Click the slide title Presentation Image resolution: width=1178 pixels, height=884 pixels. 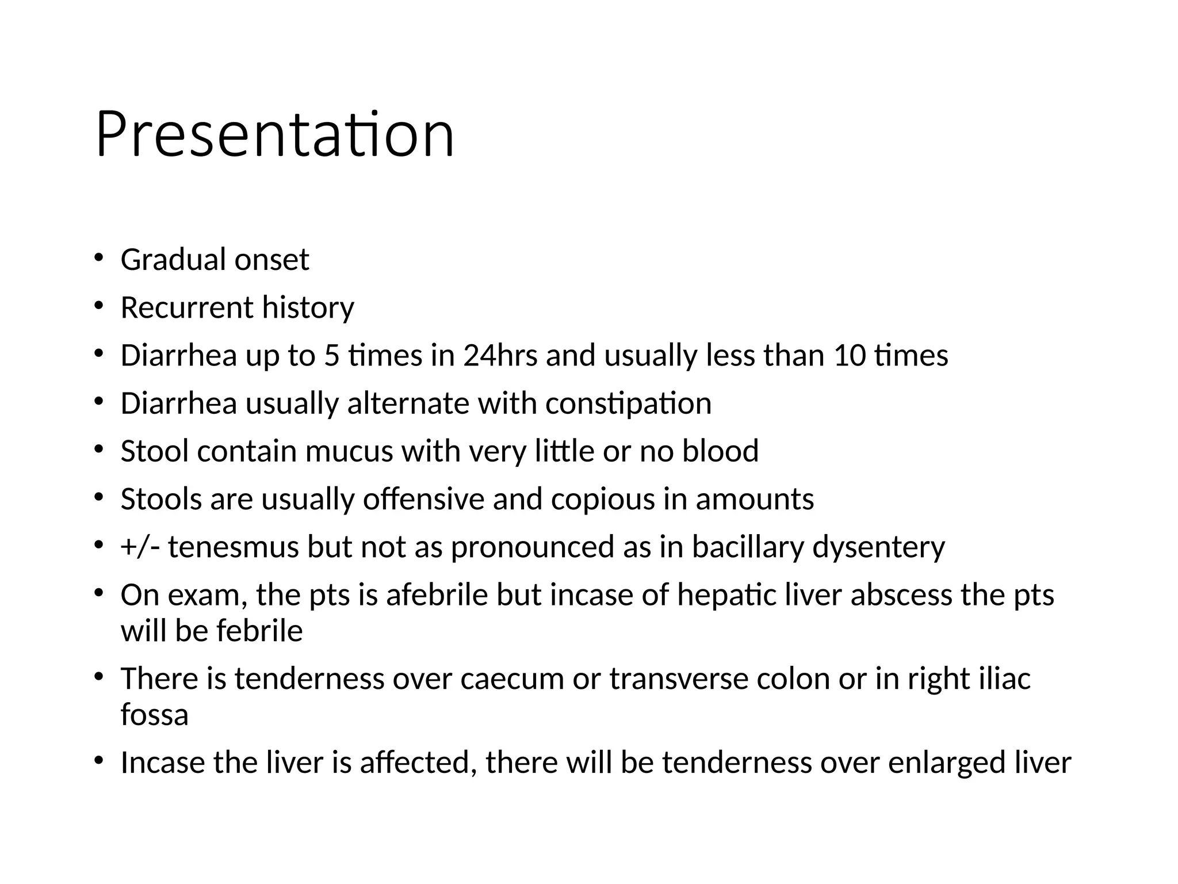[275, 135]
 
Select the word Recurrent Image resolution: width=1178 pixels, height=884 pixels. [187, 307]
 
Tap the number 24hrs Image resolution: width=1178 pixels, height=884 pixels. [500, 355]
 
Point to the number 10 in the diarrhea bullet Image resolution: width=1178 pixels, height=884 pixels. [849, 355]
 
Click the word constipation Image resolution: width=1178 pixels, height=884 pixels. [628, 403]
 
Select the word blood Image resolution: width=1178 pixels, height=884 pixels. [720, 451]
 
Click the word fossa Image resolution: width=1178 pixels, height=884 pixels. [154, 715]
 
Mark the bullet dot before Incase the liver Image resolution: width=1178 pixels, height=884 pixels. [98, 760]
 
